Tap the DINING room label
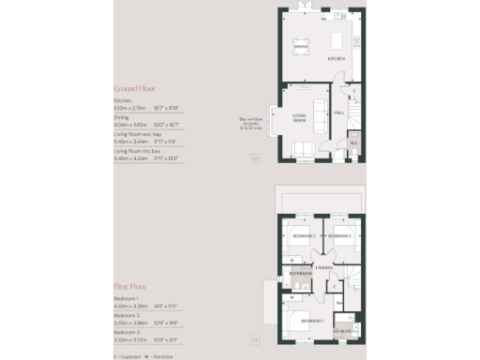click(300, 45)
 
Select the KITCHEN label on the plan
click(336, 58)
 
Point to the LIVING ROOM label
click(302, 118)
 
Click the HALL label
click(340, 112)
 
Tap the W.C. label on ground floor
click(353, 143)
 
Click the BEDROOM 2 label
click(302, 236)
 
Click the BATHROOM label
click(300, 274)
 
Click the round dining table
click(300, 53)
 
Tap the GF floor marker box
click(254, 159)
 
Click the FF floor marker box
click(254, 339)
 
